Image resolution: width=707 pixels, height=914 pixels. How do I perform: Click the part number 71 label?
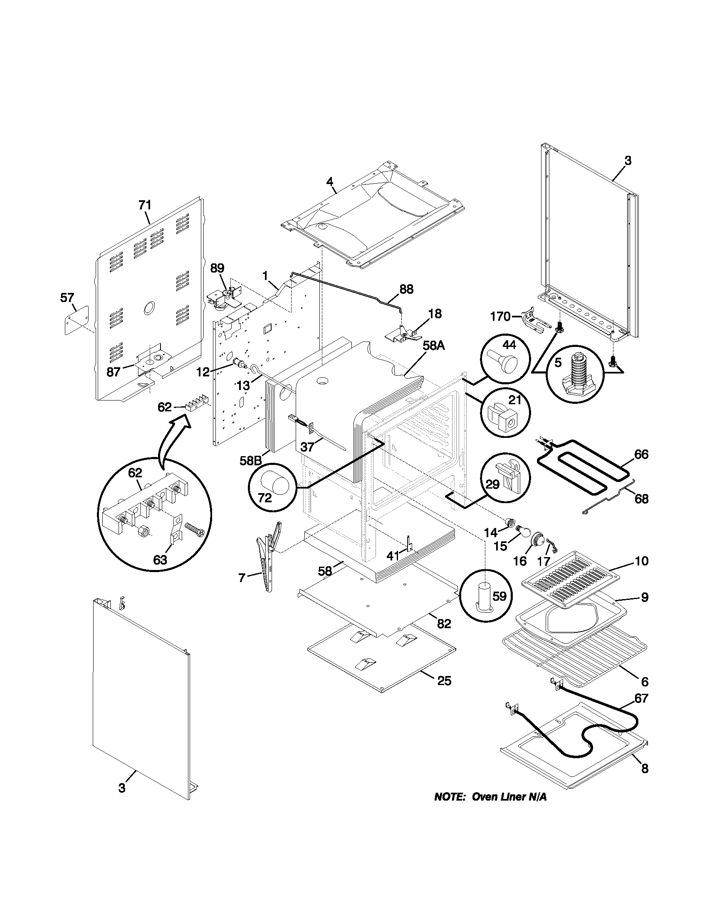(x=145, y=205)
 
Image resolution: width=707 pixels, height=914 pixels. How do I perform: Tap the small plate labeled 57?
(x=77, y=319)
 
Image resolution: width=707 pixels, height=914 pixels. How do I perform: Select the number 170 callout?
(x=500, y=317)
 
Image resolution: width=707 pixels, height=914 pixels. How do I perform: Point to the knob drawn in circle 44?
(x=504, y=359)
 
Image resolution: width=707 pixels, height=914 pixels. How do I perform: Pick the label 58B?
(x=250, y=460)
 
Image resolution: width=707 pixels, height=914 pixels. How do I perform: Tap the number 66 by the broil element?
(x=641, y=455)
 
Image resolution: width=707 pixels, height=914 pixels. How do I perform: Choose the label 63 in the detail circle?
(x=160, y=560)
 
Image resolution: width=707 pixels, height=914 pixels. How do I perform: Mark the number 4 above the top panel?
(x=330, y=182)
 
